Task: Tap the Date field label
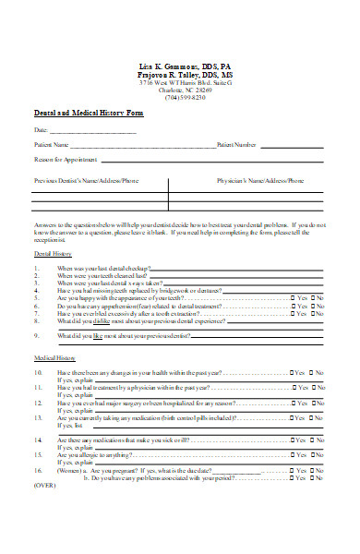[x=42, y=131]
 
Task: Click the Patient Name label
[x=53, y=145]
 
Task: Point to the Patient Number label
[x=236, y=145]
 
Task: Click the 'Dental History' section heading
[x=53, y=252]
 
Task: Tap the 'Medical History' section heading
[x=54, y=356]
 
